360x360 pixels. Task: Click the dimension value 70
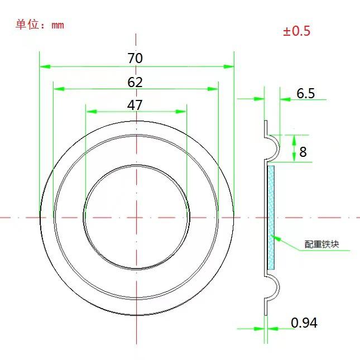pos(135,58)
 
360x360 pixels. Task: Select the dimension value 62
pos(135,83)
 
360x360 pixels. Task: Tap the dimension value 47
pos(135,105)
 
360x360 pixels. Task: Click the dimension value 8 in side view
pos(303,151)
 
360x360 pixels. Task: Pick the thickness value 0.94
pos(304,323)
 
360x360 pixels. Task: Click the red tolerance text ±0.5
pos(296,31)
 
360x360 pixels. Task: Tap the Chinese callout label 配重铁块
pos(322,244)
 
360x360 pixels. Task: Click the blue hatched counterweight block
pos(271,218)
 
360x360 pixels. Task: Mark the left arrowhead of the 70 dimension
pos(43,66)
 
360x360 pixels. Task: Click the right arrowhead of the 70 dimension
pos(229,66)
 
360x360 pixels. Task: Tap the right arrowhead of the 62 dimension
pos(214,89)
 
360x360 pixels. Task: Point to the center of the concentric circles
pos(135,217)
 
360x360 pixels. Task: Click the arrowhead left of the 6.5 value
pos(283,99)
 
